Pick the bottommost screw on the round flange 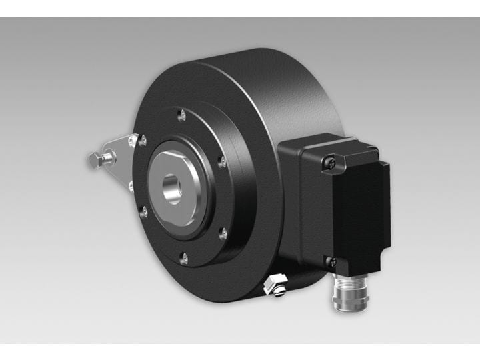[x=183, y=257]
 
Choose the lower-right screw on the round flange [x=223, y=233]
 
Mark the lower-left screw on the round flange [x=144, y=212]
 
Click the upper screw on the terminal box [x=327, y=160]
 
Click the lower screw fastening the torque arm [x=131, y=186]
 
